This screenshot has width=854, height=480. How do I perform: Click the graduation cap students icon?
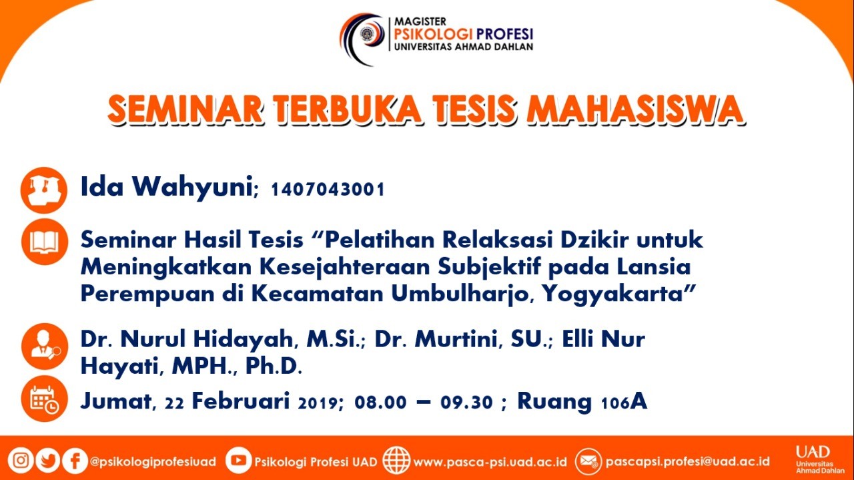tap(44, 190)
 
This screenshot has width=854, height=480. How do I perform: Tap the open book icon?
tap(45, 242)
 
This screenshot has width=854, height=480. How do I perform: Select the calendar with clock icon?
tap(45, 399)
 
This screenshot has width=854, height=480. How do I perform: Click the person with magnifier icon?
tap(45, 346)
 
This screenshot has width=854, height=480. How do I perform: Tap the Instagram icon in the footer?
tap(21, 461)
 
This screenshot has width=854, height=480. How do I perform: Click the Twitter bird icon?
tap(47, 461)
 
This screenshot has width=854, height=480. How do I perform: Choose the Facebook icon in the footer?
tap(75, 461)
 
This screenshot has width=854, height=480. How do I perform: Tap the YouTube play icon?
tap(238, 460)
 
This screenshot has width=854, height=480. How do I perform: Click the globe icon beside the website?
tap(396, 460)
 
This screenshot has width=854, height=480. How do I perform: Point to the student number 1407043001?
tap(328, 190)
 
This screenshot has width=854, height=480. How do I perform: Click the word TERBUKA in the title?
tap(348, 110)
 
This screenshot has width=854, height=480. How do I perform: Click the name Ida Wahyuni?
tap(167, 187)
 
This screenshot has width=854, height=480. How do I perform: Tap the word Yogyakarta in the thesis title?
tap(618, 294)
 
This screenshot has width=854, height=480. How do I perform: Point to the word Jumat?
tap(116, 401)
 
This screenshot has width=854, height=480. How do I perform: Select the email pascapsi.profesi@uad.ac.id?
tap(687, 461)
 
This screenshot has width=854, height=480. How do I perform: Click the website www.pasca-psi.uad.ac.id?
tap(490, 462)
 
